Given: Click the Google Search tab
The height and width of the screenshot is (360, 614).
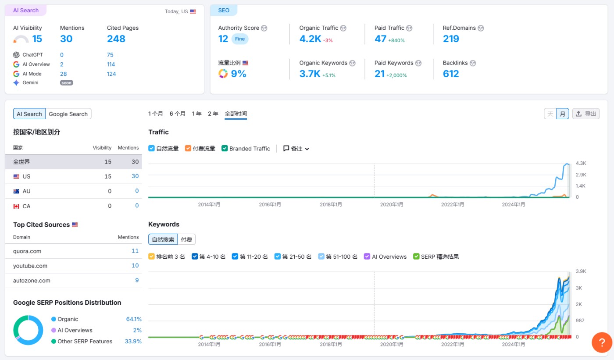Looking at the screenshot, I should coord(68,114).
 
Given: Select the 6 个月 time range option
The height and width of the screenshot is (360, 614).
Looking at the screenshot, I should coord(177,114).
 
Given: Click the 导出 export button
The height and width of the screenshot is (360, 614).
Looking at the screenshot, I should coord(586,114).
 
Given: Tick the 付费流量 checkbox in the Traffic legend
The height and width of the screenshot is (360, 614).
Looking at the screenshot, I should coord(188,149).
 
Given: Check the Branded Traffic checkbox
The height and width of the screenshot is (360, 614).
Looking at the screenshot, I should coord(225,149).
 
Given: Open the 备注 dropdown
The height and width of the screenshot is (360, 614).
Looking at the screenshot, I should coord(296,149).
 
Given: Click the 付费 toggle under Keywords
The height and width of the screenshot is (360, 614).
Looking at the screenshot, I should coord(186,239).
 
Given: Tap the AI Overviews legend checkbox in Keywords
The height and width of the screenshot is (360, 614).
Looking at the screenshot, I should coord(368,257).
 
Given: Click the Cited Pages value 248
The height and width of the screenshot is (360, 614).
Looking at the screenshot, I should coord(116,39).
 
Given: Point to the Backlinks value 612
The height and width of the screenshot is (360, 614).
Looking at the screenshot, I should coord(451,74).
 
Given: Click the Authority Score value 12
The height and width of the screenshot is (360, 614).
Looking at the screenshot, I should coord(223,39).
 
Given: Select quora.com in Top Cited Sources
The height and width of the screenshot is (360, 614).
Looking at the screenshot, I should coord(27,251).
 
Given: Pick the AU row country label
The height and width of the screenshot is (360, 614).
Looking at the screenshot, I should coord(26,191).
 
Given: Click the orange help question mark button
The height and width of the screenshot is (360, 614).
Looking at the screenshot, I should coord(602,342).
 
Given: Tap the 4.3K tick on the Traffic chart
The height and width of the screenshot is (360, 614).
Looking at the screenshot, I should coord(581,163).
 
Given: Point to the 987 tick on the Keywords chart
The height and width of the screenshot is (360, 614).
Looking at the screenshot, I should coord(580,321).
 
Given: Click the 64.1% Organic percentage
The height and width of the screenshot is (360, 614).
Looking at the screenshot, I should coord(134,319).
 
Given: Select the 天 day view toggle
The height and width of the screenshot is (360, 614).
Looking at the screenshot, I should coord(550,114).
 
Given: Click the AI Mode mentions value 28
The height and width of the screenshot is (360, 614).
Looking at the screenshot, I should coord(64,74).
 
